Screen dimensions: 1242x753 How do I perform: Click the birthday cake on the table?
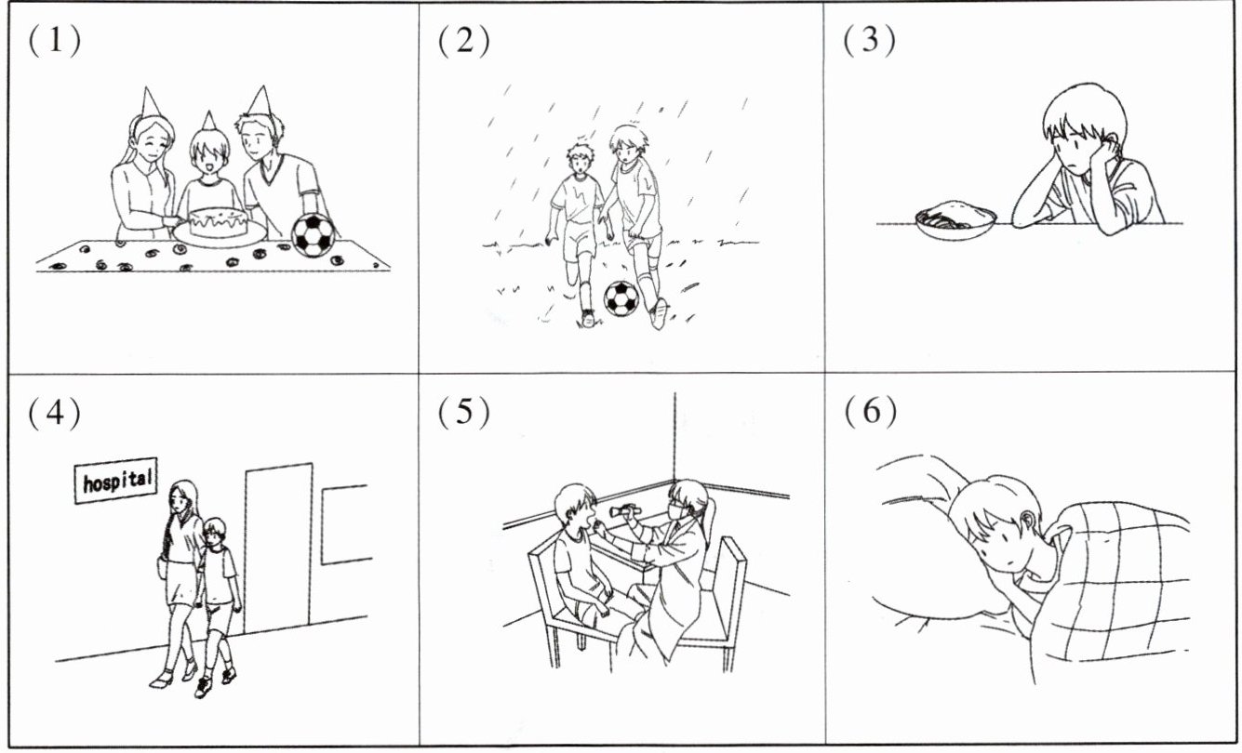[x=218, y=223]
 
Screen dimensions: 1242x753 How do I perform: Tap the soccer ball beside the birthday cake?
[x=314, y=235]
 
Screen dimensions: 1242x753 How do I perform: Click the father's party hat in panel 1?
[x=260, y=102]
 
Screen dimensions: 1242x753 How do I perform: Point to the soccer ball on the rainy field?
[x=621, y=298]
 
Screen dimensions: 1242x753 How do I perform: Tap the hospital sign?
[x=116, y=481]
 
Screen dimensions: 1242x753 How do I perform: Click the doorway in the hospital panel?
[x=278, y=548]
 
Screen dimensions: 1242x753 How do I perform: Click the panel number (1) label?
[x=55, y=41]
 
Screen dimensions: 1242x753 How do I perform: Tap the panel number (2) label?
[x=464, y=41]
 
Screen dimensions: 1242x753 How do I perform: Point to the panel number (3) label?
[x=869, y=41]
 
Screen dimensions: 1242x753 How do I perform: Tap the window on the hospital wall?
[x=346, y=524]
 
